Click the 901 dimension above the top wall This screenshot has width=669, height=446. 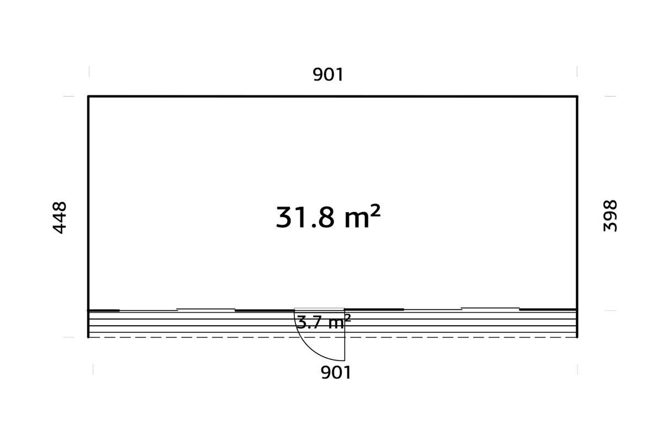[x=328, y=74]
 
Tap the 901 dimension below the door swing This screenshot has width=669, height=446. [x=336, y=373]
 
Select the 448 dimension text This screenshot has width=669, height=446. [x=59, y=217]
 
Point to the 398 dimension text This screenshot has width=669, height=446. [x=610, y=216]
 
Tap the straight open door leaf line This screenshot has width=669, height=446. [x=344, y=335]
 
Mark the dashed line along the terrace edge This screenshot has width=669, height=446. [x=332, y=337]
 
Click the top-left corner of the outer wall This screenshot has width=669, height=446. [x=88, y=96]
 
